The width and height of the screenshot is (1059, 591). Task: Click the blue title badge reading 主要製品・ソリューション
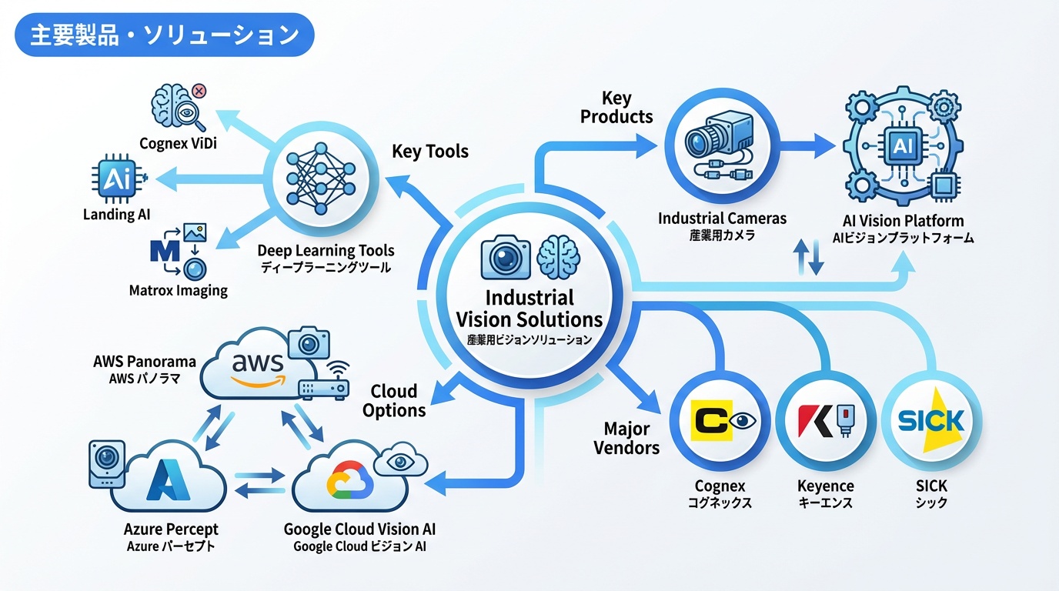pos(164,35)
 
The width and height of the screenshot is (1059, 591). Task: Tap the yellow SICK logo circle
pos(931,421)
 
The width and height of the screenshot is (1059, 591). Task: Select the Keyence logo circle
pos(826,421)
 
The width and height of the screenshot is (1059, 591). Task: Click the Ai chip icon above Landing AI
pos(118,180)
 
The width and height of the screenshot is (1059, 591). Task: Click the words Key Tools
pos(430,151)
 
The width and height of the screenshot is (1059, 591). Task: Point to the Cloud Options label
pos(394,400)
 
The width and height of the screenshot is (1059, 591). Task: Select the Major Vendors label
pos(626,438)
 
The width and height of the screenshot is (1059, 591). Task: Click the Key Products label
pos(616,108)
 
